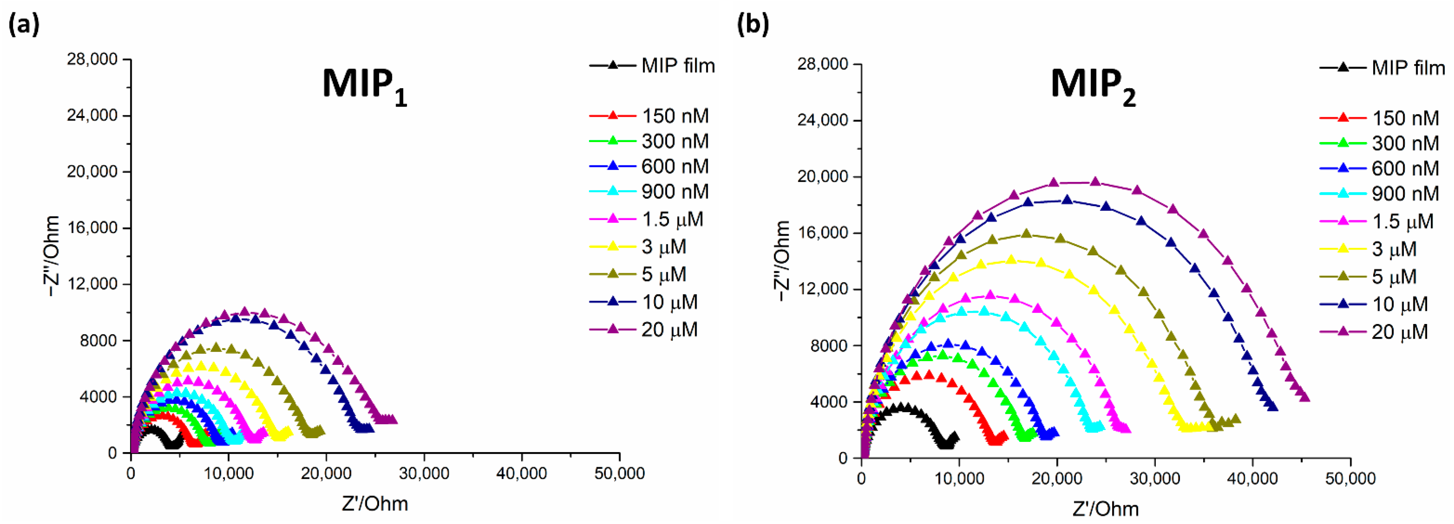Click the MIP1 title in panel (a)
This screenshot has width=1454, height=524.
pyautogui.click(x=364, y=86)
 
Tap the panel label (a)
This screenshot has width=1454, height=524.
pyautogui.click(x=24, y=25)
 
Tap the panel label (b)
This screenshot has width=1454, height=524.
pyautogui.click(x=753, y=25)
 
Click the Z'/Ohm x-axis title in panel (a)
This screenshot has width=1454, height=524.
pyautogui.click(x=375, y=504)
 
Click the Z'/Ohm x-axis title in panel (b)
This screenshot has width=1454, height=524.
pyautogui.click(x=1105, y=509)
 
